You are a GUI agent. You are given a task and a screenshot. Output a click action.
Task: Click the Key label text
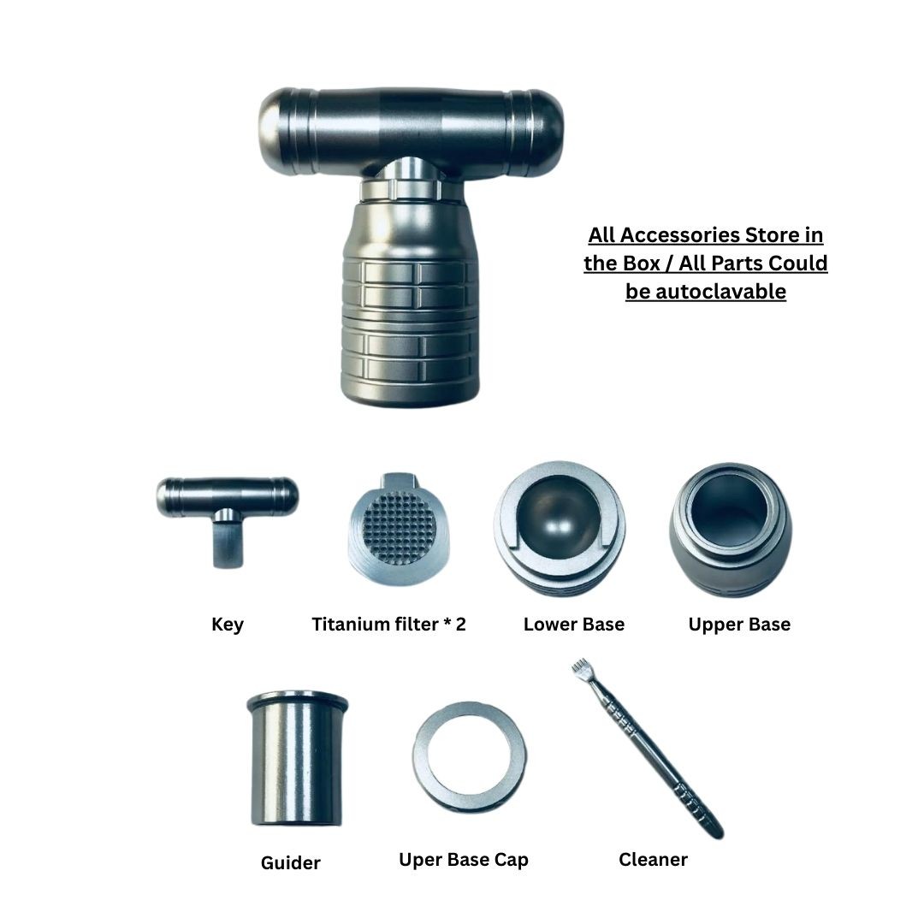(x=227, y=625)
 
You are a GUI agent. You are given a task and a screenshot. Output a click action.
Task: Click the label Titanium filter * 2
(x=388, y=625)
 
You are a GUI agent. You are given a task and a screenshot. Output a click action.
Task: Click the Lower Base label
(x=573, y=625)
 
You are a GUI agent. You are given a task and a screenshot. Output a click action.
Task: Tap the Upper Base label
(x=739, y=625)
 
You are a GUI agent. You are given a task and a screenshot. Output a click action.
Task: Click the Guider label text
(x=290, y=862)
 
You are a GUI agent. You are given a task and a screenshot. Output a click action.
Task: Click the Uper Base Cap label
(x=463, y=859)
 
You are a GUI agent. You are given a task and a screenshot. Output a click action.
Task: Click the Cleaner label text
(x=653, y=859)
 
